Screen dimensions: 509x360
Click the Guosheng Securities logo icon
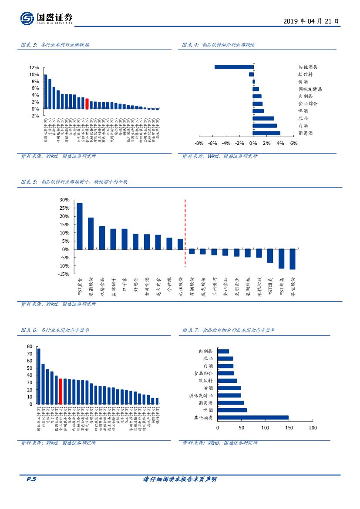point(27,18)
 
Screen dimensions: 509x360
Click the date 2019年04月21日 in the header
point(311,21)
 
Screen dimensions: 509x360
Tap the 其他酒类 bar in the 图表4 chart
point(234,67)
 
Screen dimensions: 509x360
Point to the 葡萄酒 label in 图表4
point(306,133)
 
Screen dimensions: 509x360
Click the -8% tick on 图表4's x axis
point(199,143)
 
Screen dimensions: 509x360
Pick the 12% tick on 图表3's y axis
point(34,68)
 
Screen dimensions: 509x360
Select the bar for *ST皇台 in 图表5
point(79,226)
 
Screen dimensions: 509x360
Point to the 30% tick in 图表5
point(64,200)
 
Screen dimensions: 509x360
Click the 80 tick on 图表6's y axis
point(30,346)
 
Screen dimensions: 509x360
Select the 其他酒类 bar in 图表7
point(252,418)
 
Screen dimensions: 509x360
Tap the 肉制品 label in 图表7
point(205,351)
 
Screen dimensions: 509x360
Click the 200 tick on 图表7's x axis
point(313,428)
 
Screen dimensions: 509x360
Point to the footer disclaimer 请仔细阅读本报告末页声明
point(180,479)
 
